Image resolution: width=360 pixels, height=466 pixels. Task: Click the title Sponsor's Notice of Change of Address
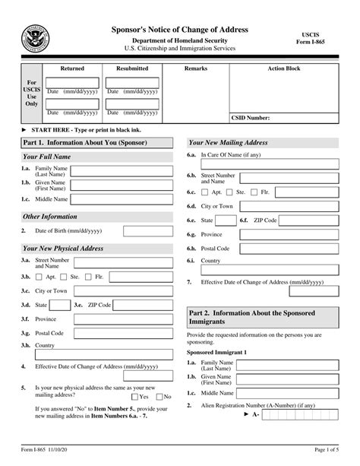coord(180,29)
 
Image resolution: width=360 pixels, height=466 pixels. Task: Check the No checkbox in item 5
coord(159,396)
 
